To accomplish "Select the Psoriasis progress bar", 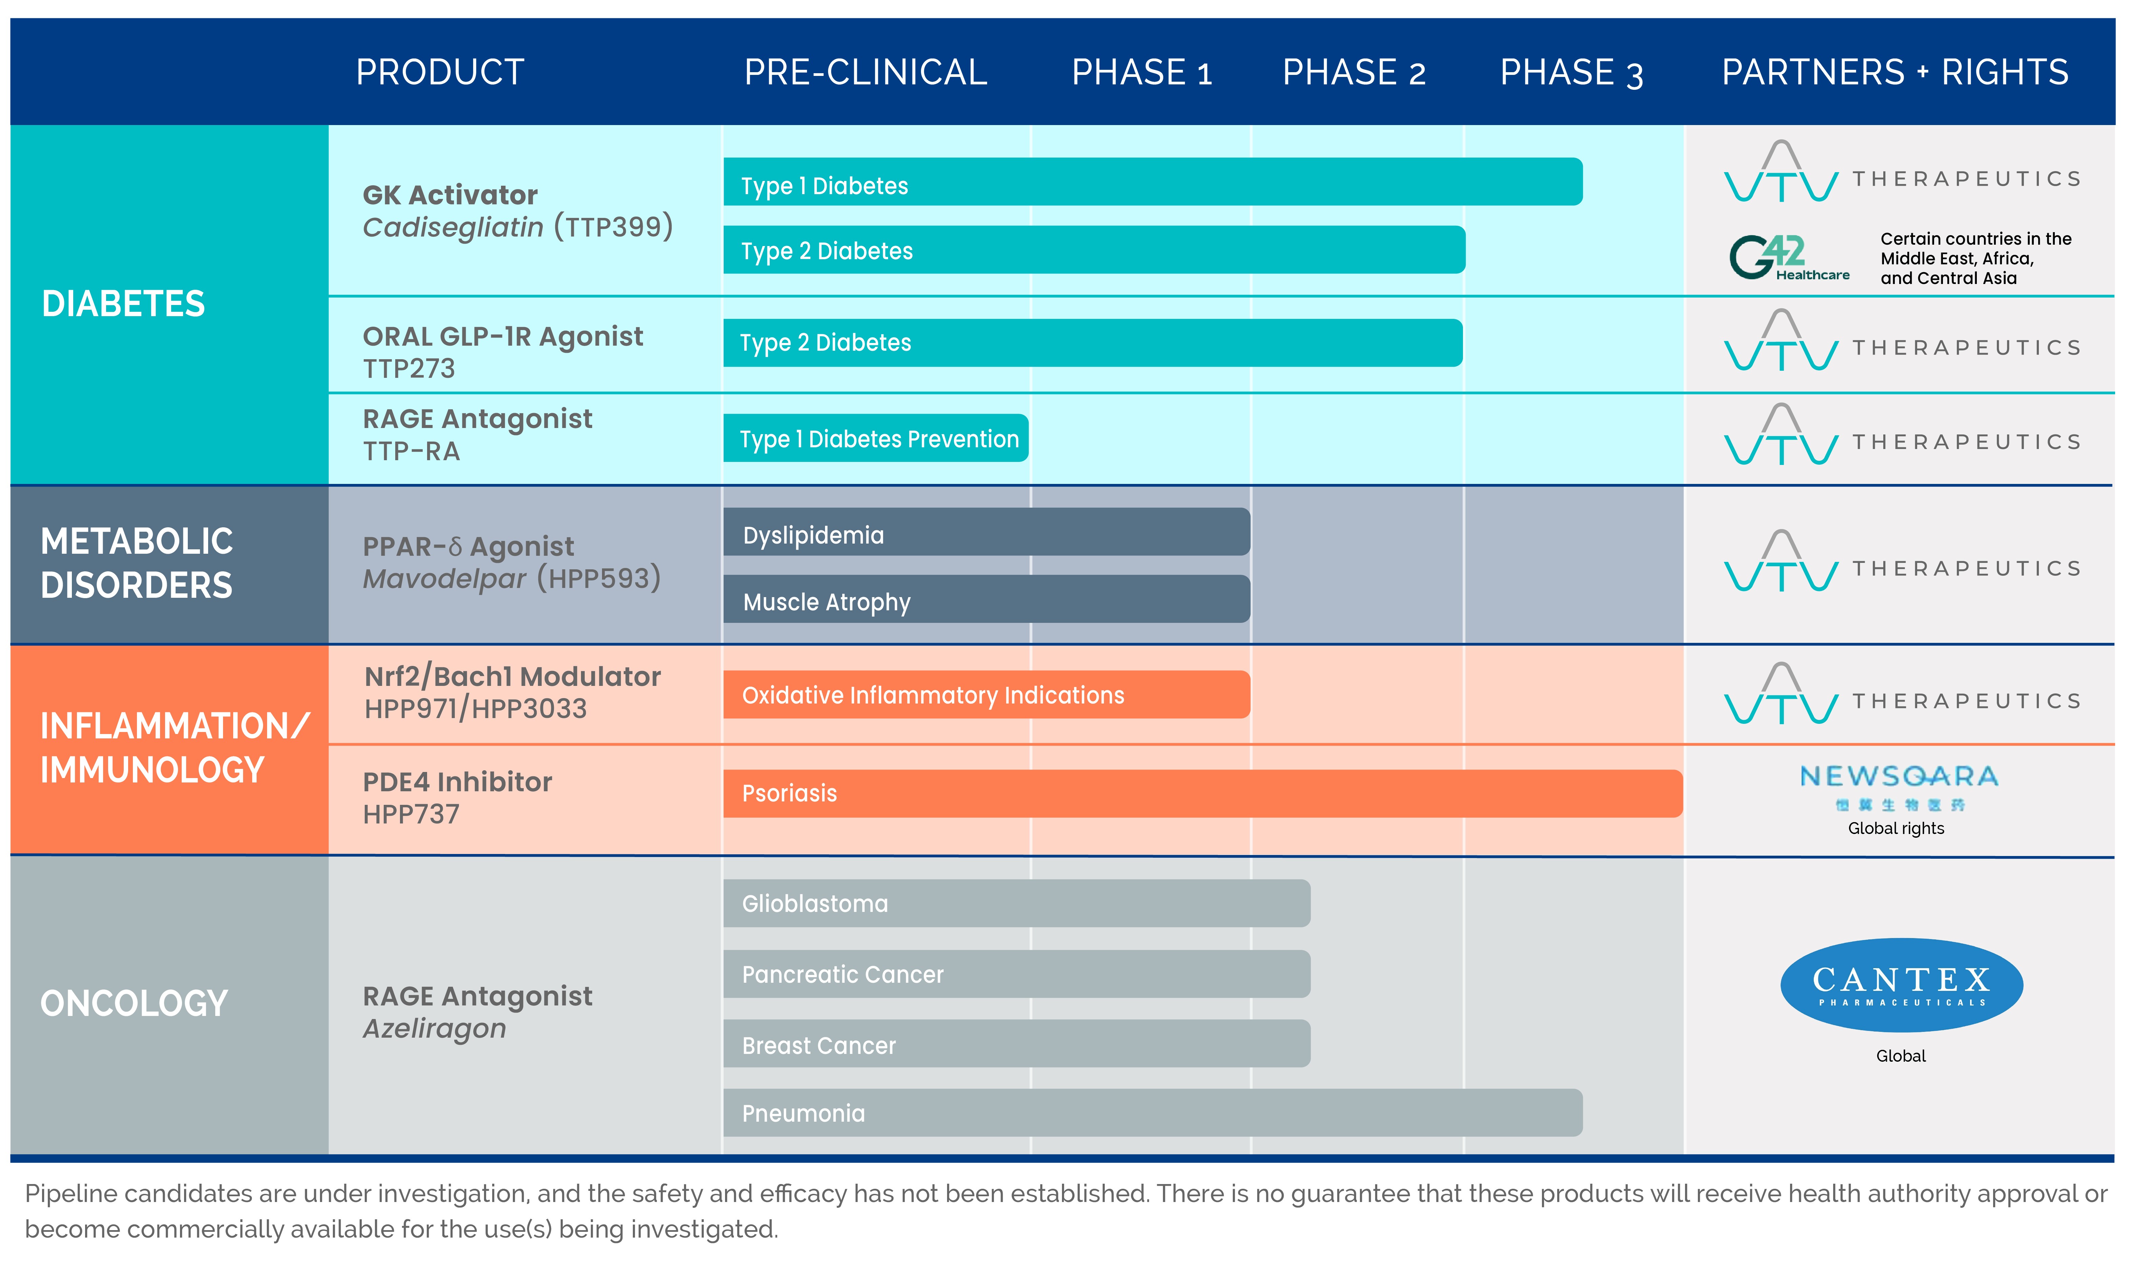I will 1202,793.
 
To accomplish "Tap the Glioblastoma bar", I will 1016,903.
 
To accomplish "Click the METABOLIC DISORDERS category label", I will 136,563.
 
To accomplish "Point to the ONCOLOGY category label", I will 134,1003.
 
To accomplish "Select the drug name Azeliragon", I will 435,1028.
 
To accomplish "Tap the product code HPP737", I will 411,815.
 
